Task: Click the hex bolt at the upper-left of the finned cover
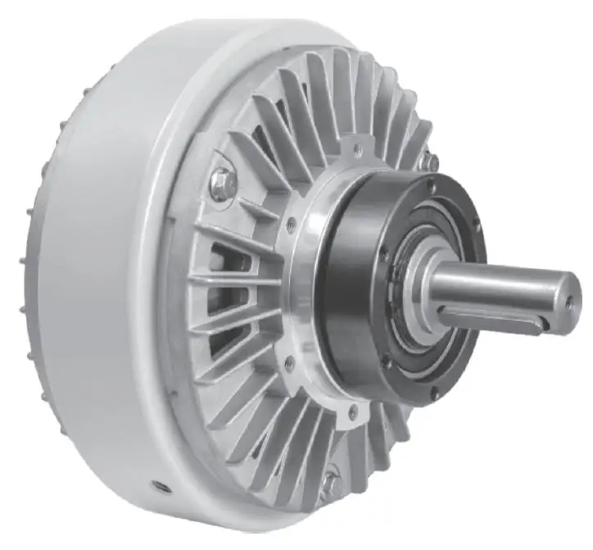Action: point(224,182)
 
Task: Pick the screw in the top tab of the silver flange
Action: point(356,149)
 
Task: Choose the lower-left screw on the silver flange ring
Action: point(288,360)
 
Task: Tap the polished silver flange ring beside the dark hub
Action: point(307,287)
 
